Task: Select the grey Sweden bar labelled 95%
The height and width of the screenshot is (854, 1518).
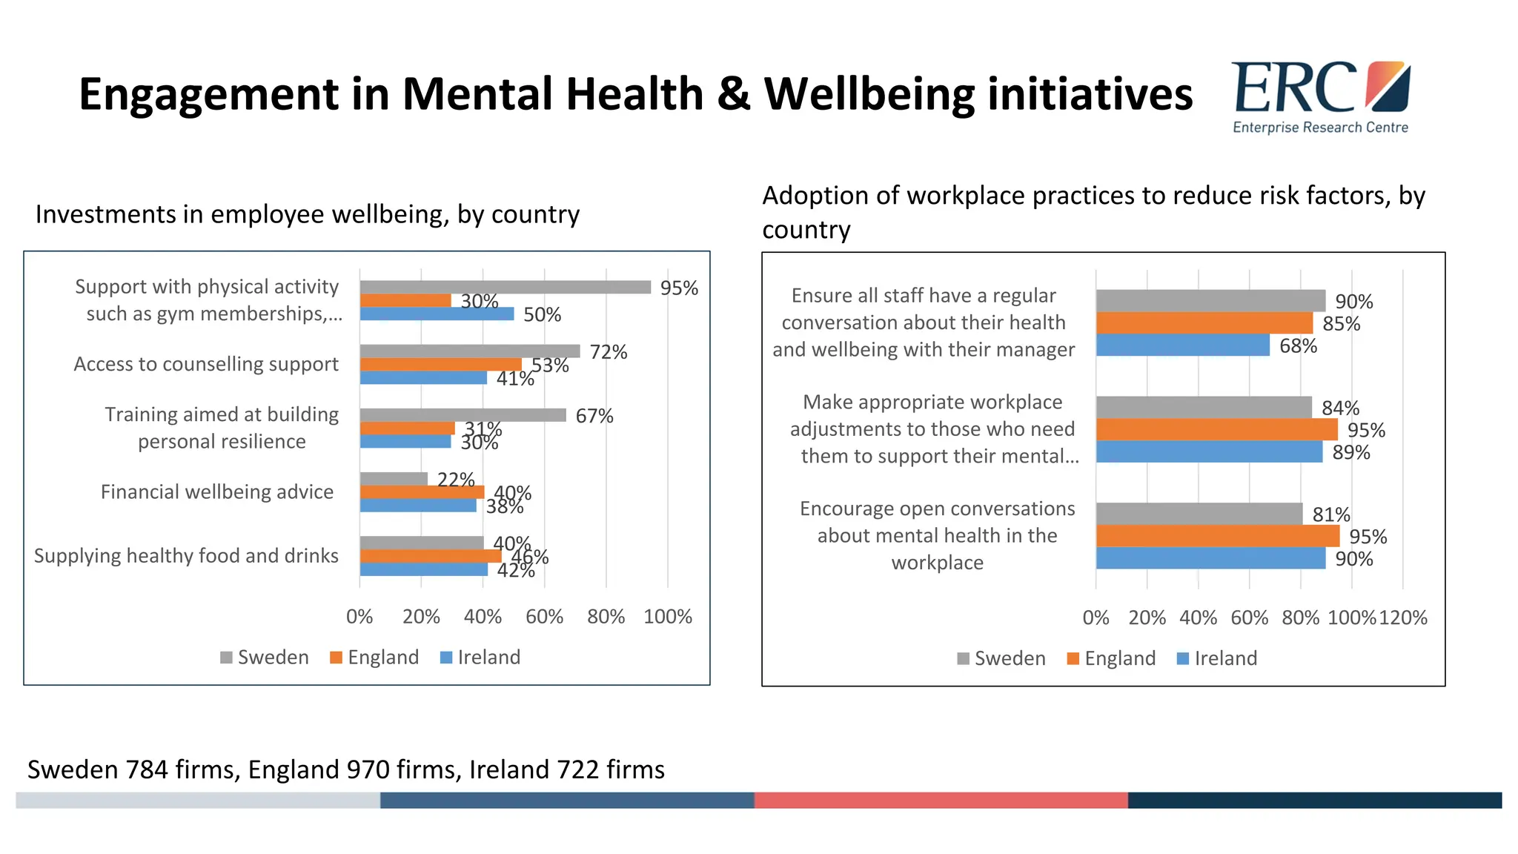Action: pyautogui.click(x=505, y=287)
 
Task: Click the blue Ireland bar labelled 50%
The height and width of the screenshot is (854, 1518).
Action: pyautogui.click(x=437, y=314)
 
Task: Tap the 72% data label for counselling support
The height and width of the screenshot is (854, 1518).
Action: pyautogui.click(x=608, y=352)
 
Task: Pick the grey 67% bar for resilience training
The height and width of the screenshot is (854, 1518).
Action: pyautogui.click(x=463, y=415)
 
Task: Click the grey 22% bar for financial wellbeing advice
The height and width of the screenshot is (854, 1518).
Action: pyautogui.click(x=394, y=479)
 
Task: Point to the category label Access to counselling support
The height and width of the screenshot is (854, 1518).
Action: pyautogui.click(x=206, y=364)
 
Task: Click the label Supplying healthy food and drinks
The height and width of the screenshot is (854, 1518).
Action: pyautogui.click(x=186, y=556)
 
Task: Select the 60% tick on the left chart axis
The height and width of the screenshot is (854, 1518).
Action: pyautogui.click(x=544, y=617)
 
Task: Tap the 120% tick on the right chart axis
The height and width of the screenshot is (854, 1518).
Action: pyautogui.click(x=1402, y=618)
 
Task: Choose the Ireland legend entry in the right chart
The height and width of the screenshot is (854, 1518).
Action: pyautogui.click(x=1217, y=658)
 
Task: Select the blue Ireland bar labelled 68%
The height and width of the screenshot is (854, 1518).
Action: pyautogui.click(x=1182, y=345)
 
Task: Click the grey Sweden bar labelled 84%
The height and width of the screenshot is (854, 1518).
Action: pyautogui.click(x=1203, y=407)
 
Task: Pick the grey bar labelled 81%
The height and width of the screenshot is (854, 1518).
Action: pyautogui.click(x=1199, y=514)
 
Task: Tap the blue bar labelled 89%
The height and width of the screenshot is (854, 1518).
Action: pyautogui.click(x=1209, y=452)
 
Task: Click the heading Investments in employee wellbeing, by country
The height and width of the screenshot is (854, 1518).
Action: pyautogui.click(x=308, y=214)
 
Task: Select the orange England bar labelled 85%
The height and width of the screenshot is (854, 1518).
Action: pyautogui.click(x=1204, y=323)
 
